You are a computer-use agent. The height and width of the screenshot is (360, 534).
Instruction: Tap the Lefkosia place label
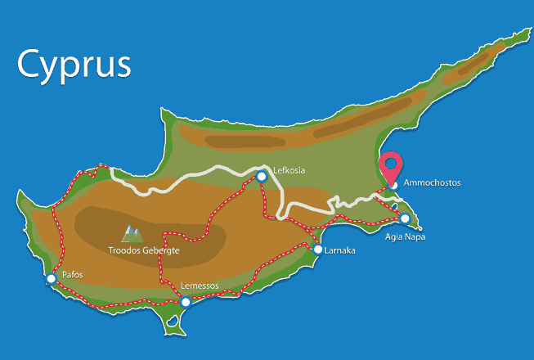click(289, 170)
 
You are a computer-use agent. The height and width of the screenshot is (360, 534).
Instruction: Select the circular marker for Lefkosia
click(262, 176)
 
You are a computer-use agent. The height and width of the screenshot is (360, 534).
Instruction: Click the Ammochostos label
click(433, 183)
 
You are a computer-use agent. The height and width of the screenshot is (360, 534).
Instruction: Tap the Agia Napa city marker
click(405, 218)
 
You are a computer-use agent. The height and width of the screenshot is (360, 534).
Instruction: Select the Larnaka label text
click(339, 250)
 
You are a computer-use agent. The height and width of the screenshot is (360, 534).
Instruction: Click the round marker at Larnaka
click(318, 250)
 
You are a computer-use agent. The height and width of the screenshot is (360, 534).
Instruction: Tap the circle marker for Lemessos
click(185, 303)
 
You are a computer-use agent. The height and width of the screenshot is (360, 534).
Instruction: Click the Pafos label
click(73, 275)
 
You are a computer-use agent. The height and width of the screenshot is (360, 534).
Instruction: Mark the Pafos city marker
click(51, 279)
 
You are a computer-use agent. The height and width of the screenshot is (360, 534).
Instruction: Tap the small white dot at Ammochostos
click(393, 185)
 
